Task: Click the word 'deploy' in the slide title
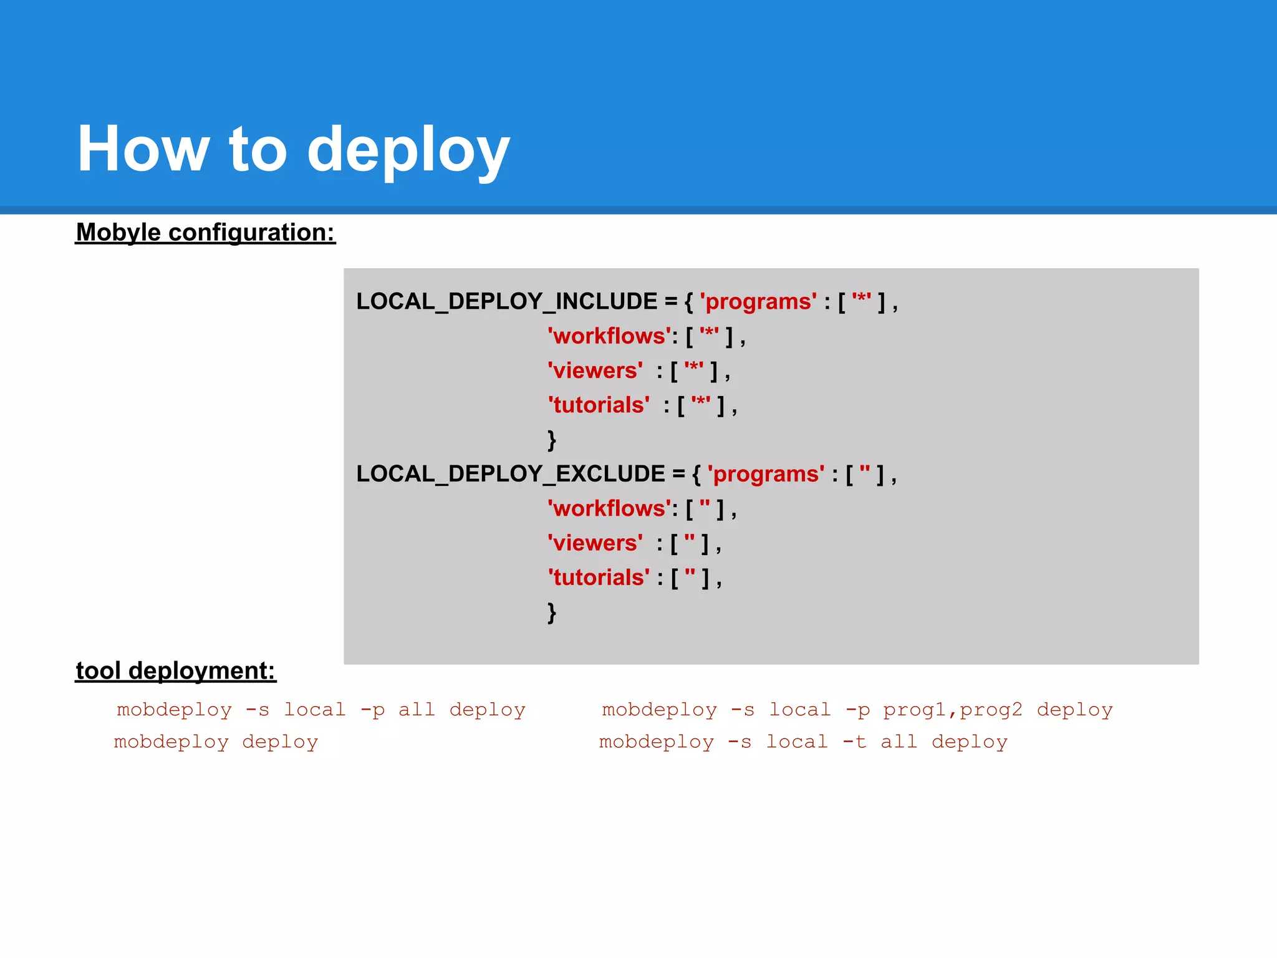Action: [x=408, y=150]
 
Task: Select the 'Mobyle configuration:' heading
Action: [x=205, y=233]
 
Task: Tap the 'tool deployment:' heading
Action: [x=175, y=671]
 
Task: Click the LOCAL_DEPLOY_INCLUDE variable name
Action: [x=506, y=302]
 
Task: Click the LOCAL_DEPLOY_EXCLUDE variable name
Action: [x=510, y=474]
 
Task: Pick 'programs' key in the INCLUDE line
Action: [x=758, y=302]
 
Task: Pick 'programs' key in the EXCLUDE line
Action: [x=766, y=474]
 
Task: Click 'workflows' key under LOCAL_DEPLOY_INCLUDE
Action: [x=609, y=337]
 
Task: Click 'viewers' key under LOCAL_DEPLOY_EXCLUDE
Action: [x=595, y=543]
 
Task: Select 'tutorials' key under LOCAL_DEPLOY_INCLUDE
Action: [x=599, y=405]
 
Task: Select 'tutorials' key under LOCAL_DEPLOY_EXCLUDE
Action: [x=599, y=578]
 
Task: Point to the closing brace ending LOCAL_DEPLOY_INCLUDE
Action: [x=551, y=440]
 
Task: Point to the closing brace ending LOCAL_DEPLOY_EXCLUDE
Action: [x=551, y=612]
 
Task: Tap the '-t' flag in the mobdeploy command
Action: [x=854, y=742]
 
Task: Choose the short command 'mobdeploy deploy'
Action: [x=216, y=742]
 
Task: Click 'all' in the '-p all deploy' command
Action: [x=417, y=710]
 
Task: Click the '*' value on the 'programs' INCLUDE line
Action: [x=861, y=301]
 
